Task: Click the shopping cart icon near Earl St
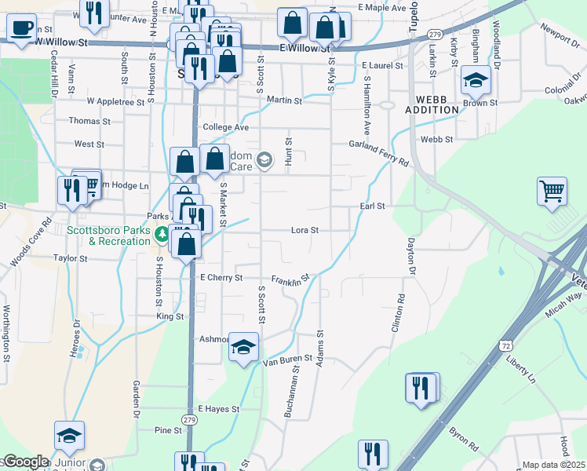pyautogui.click(x=552, y=191)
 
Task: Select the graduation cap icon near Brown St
pyautogui.click(x=476, y=80)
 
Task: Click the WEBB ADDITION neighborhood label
pyautogui.click(x=432, y=104)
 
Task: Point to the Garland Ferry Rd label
pyautogui.click(x=380, y=153)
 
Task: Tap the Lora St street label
pyautogui.click(x=304, y=231)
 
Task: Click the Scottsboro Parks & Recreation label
pyautogui.click(x=108, y=235)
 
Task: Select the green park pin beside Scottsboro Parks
pyautogui.click(x=162, y=234)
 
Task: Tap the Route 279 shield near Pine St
pyautogui.click(x=189, y=421)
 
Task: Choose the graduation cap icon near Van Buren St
pyautogui.click(x=243, y=347)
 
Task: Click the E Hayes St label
pyautogui.click(x=218, y=409)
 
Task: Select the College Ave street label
pyautogui.click(x=225, y=127)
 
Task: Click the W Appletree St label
pyautogui.click(x=116, y=101)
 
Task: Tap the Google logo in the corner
pyautogui.click(x=25, y=462)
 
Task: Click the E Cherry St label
pyautogui.click(x=221, y=278)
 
